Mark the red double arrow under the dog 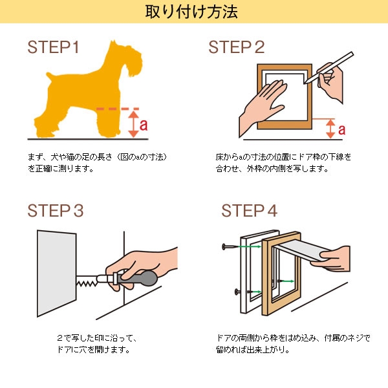tap(133, 124)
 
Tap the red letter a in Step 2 tap(341, 129)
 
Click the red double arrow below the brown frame tap(331, 128)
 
